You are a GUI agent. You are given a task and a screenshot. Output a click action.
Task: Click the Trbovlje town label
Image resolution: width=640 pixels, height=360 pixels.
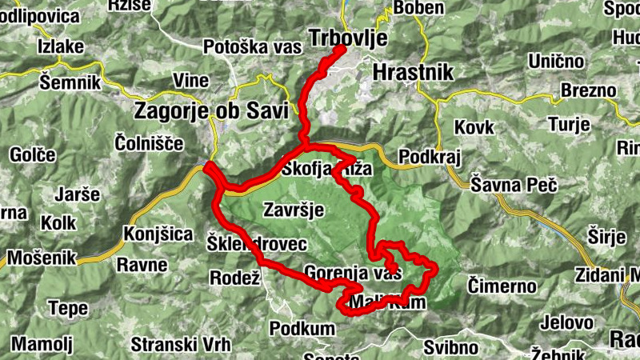click(347, 38)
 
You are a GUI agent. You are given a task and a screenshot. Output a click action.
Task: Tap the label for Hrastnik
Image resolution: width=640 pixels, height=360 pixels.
click(413, 72)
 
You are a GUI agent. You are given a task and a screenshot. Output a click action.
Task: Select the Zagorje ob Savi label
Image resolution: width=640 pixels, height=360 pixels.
click(212, 110)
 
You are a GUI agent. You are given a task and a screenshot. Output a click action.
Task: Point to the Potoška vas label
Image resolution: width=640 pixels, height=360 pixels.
click(252, 46)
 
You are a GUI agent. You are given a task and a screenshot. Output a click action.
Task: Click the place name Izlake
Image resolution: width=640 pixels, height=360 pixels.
click(60, 46)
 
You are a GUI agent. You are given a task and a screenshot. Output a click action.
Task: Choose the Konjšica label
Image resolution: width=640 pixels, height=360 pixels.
click(158, 234)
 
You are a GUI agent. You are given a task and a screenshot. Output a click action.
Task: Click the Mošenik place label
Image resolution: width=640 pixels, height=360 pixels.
click(41, 258)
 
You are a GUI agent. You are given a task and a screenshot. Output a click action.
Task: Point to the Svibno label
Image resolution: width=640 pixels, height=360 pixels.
click(451, 347)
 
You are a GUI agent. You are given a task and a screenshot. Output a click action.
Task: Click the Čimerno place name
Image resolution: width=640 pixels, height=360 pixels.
click(502, 285)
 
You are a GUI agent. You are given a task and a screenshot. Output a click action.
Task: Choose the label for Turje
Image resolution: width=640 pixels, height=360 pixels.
click(569, 124)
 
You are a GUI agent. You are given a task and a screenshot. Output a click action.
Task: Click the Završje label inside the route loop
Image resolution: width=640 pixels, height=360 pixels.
click(292, 210)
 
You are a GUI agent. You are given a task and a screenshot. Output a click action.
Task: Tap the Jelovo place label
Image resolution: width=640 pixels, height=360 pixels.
click(566, 322)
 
